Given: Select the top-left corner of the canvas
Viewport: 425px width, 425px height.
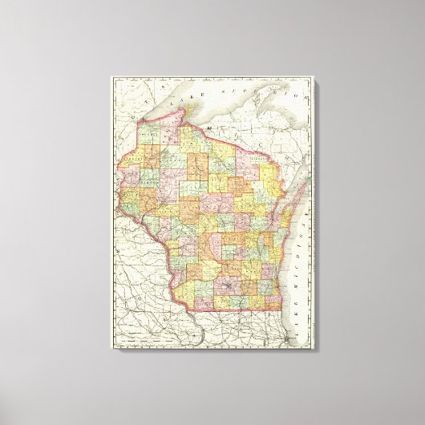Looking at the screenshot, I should coord(111,76).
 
